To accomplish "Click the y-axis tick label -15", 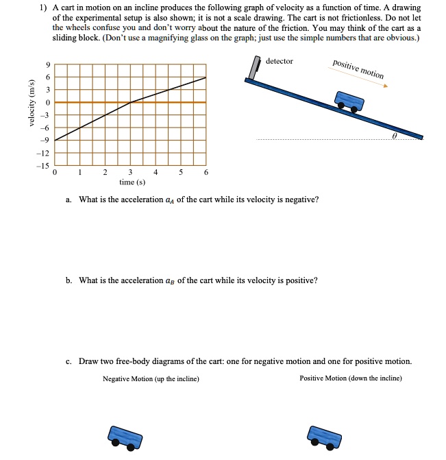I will coord(45,166).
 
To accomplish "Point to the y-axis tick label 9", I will coord(47,65).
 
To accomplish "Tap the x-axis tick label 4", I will coord(156,173).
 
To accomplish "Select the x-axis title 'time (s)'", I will coord(131,182).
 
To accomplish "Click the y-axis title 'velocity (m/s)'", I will coord(30,103).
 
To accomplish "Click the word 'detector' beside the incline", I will coord(279,62).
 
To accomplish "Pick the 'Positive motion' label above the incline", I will coord(358,69).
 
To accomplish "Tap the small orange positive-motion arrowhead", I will coord(386,86).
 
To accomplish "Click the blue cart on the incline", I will coord(349,101).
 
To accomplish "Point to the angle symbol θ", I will coord(395,136).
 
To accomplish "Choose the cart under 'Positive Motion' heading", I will coord(324,437).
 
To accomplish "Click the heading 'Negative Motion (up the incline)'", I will coord(151,378).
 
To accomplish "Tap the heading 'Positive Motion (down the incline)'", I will coord(350,378).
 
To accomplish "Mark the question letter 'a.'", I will coord(69,199).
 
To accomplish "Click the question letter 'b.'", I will coord(69,280).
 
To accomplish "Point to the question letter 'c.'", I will coord(69,361).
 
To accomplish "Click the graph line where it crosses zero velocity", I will coord(130,102).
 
